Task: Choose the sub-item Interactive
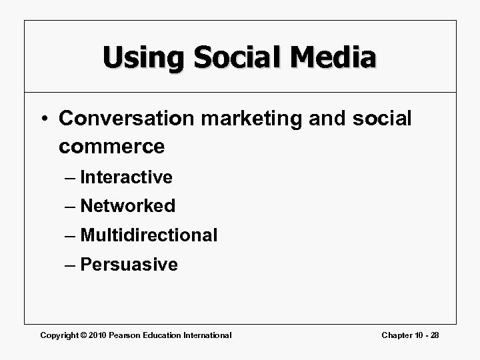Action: click(126, 177)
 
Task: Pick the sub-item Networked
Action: click(127, 206)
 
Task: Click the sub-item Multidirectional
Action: click(149, 235)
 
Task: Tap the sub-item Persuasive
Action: click(129, 265)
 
